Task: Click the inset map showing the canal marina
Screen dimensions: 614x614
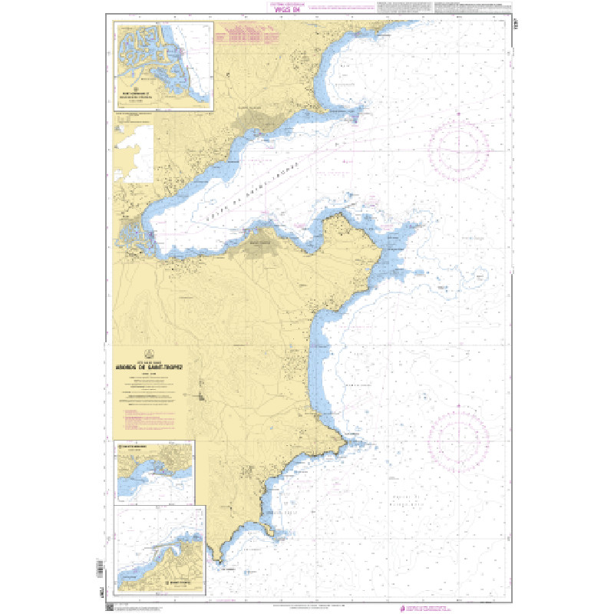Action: point(164,66)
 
